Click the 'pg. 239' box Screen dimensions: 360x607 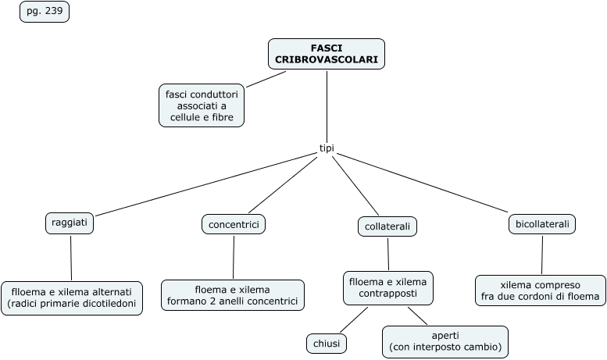click(45, 12)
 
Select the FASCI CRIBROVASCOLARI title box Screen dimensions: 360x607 click(327, 54)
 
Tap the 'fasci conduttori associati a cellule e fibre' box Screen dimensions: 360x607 click(202, 105)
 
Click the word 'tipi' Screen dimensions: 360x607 click(327, 148)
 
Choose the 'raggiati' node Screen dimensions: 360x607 click(70, 223)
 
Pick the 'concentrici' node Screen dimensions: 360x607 click(233, 224)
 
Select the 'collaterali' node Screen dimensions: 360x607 click(387, 226)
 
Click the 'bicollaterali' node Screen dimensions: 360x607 click(542, 224)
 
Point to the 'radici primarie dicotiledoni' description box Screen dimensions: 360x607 click(72, 298)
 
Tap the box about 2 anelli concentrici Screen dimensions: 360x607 click(232, 294)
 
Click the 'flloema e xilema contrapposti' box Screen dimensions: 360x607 click(388, 288)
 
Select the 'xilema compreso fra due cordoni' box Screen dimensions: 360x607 click(541, 290)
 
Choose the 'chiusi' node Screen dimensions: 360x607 click(327, 343)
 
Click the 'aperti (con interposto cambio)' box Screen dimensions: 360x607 click(445, 341)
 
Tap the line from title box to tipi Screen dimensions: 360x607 click(327, 105)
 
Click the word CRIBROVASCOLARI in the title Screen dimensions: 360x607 click(327, 59)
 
